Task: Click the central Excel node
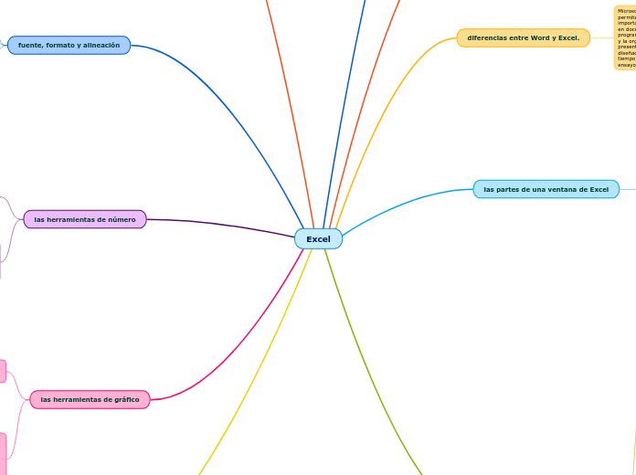pos(318,238)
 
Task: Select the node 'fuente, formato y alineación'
pos(69,45)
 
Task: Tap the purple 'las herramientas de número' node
pos(84,219)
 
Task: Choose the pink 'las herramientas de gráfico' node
pos(90,399)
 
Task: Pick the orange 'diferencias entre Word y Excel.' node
pos(523,38)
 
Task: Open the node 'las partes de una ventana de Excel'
pos(546,189)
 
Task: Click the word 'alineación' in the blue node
pos(101,45)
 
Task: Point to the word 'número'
pos(121,219)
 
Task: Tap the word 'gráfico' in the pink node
pos(127,399)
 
